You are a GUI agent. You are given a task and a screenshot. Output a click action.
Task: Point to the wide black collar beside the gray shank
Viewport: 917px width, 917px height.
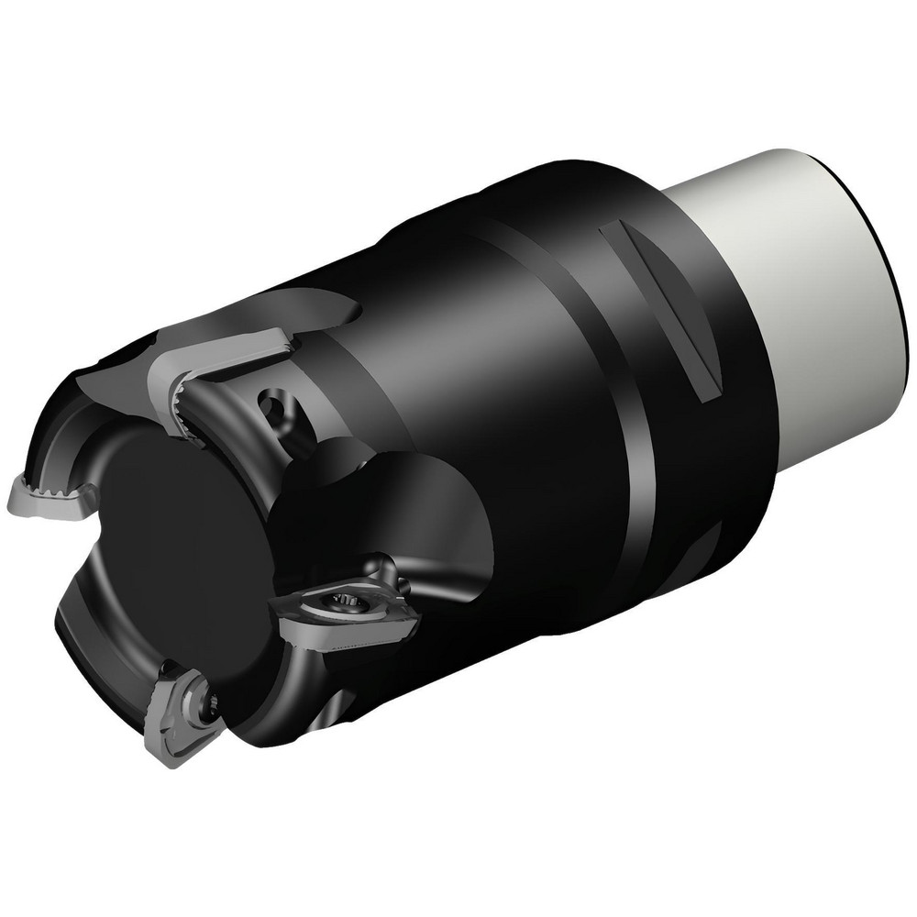click(679, 385)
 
